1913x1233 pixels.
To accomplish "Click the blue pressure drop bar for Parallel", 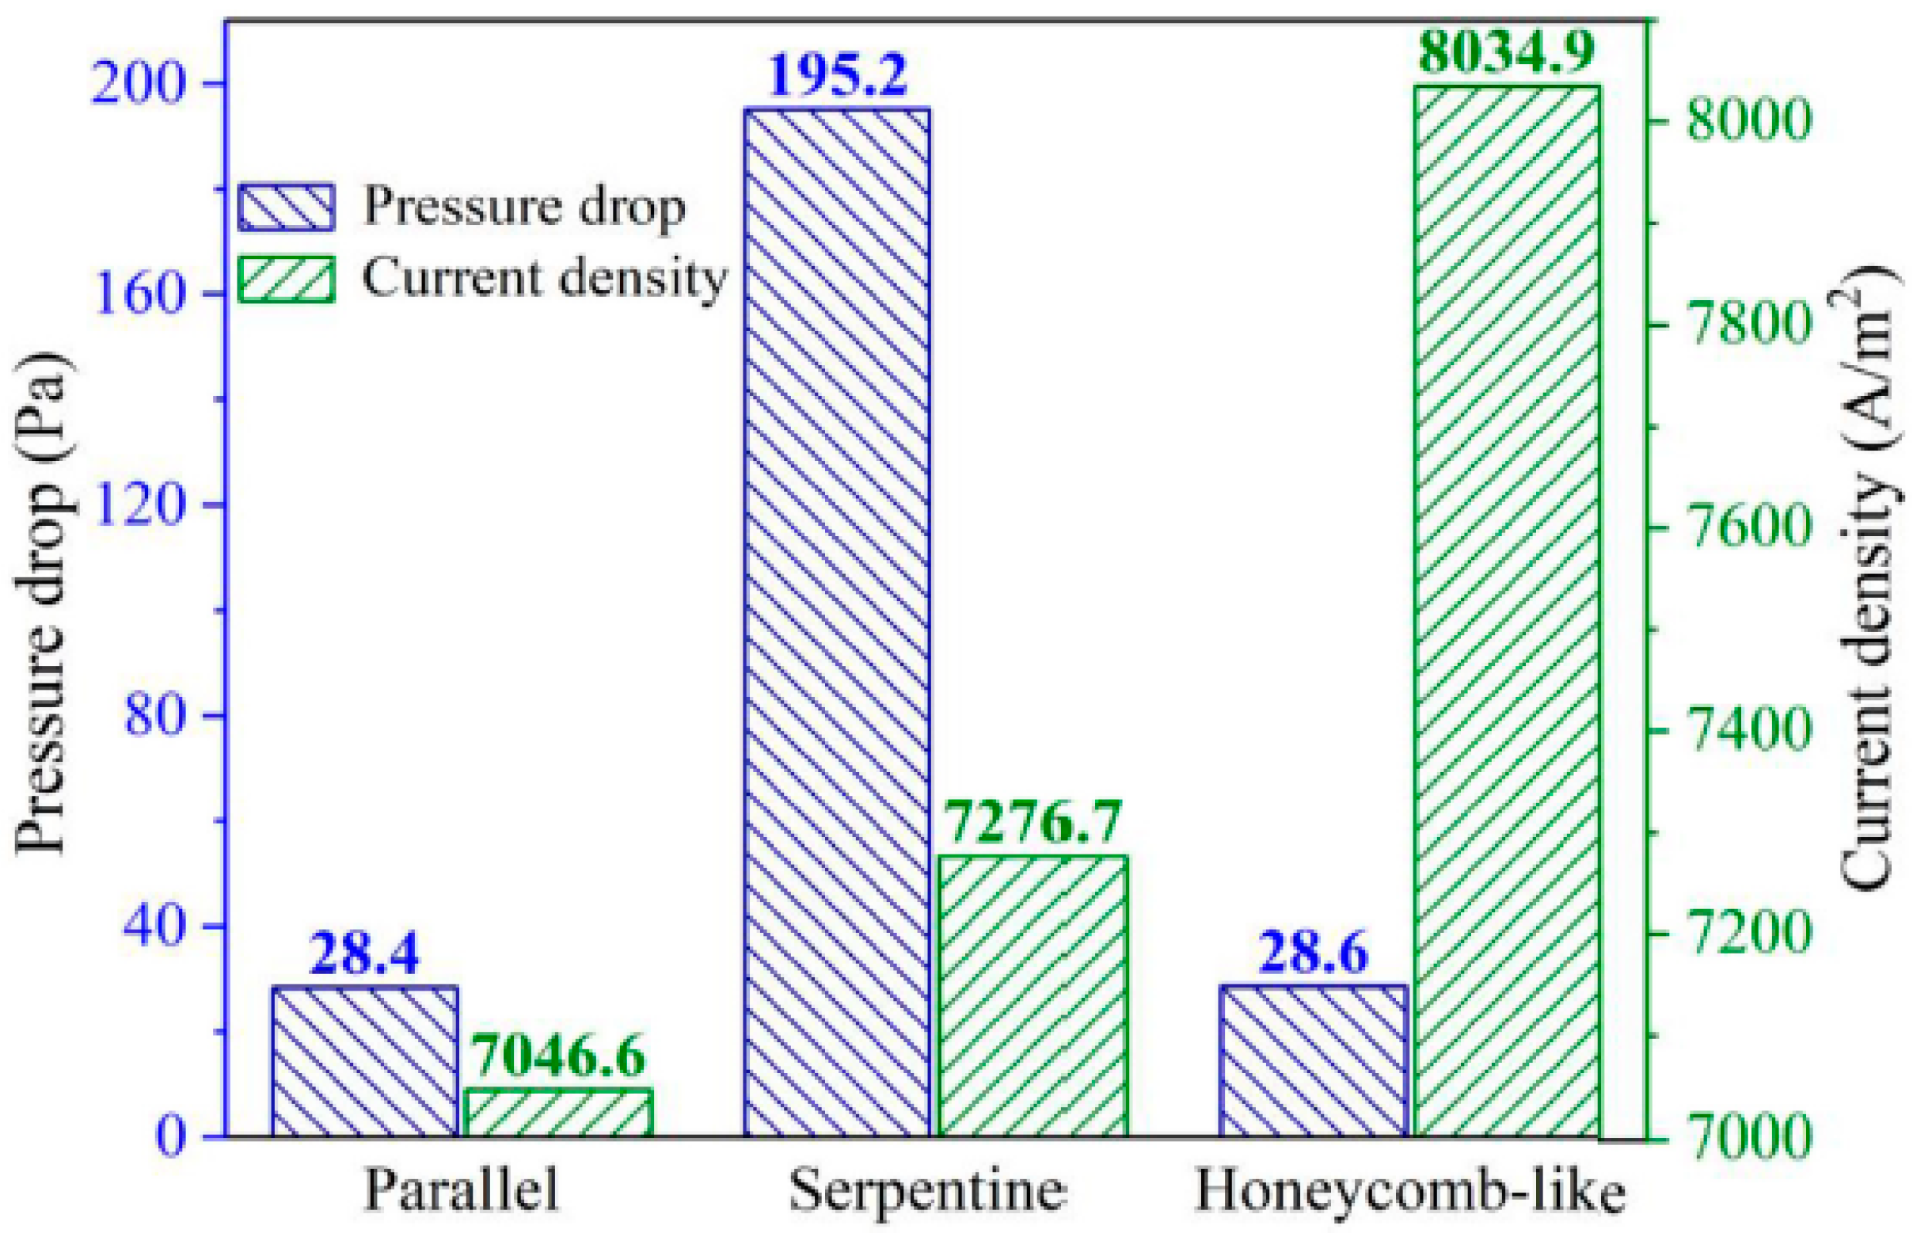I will (365, 1061).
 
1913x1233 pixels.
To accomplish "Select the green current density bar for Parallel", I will (560, 1112).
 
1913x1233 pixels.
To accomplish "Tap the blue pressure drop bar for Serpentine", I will (836, 622).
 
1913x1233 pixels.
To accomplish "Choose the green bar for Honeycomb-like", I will (1507, 610).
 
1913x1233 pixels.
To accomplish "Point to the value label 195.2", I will (837, 74).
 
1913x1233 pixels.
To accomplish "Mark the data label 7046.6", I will (558, 1056).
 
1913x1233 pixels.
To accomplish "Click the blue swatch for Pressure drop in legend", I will (286, 207).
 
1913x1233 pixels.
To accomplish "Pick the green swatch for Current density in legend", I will (286, 279).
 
